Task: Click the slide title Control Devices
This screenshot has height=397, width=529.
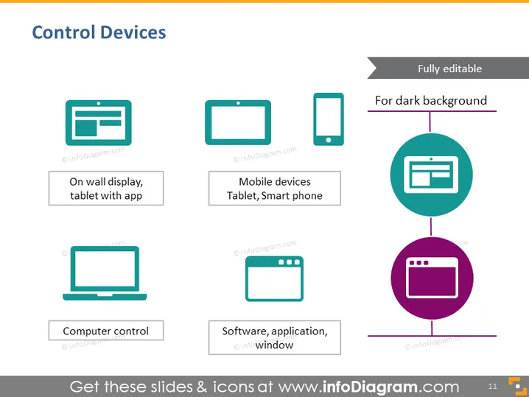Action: (99, 32)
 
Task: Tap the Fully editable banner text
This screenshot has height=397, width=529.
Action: (449, 68)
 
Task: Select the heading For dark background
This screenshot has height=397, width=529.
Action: (431, 100)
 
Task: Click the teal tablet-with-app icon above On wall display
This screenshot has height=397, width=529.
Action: (99, 123)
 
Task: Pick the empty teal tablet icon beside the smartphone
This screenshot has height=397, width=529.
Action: (238, 122)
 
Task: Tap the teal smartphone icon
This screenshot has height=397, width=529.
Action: (329, 119)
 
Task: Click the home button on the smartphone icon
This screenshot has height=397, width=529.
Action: (329, 140)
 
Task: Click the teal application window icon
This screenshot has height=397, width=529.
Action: (274, 278)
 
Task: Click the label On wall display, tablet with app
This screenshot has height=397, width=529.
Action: (106, 189)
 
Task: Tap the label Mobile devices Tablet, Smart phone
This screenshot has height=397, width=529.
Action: (275, 189)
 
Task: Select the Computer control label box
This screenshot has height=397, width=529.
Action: (106, 331)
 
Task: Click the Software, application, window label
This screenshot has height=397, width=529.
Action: (275, 337)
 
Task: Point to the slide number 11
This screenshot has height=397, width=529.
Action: (493, 386)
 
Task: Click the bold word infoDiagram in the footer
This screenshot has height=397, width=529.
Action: (370, 387)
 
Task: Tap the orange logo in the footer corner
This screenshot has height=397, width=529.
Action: (517, 386)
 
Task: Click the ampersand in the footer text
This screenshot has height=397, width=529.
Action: (202, 387)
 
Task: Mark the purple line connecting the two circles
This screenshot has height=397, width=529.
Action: (431, 227)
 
